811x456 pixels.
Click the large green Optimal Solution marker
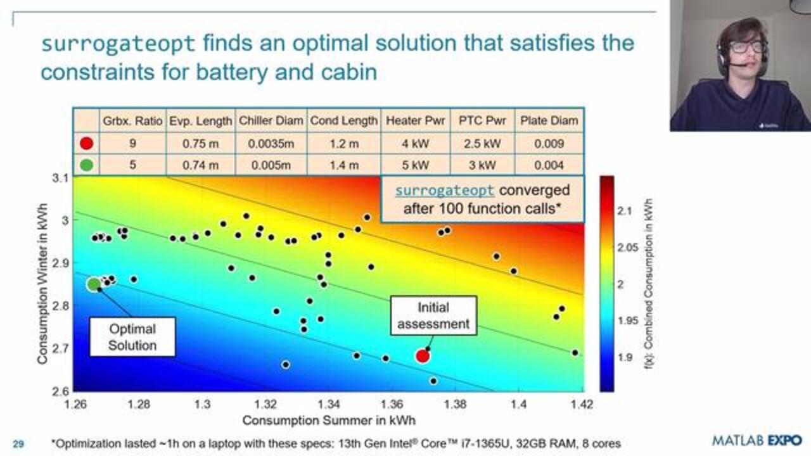tap(94, 284)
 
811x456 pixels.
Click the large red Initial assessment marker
tap(423, 356)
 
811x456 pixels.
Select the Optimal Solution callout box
tap(132, 337)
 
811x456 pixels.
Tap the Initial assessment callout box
tap(433, 316)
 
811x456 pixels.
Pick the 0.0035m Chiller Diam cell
tap(271, 144)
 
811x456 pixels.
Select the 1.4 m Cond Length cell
tap(343, 165)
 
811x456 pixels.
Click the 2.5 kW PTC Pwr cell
tap(479, 144)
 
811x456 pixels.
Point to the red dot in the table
tap(87, 144)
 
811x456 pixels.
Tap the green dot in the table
tap(87, 165)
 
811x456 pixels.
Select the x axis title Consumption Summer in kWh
tap(329, 420)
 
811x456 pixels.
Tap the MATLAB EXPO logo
tap(757, 440)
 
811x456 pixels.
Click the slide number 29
tap(18, 444)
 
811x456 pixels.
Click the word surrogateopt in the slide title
tap(118, 44)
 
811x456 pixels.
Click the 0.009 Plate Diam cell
tap(549, 144)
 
